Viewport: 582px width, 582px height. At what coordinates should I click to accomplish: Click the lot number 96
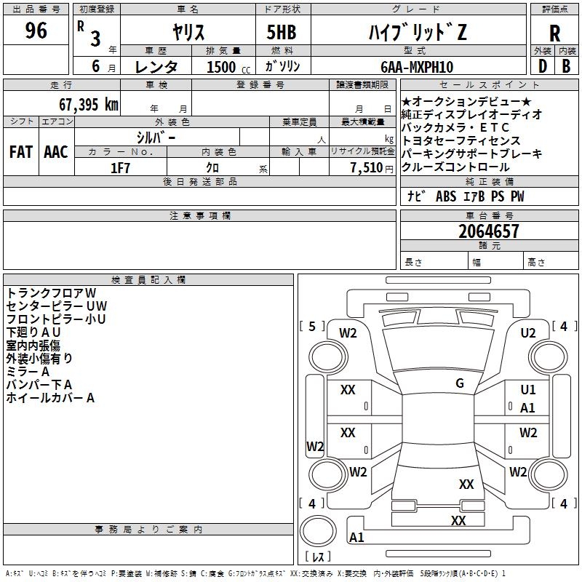(x=36, y=31)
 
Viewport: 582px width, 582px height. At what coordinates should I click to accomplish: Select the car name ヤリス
(x=188, y=32)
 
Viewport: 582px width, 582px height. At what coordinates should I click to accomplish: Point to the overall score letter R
(x=554, y=33)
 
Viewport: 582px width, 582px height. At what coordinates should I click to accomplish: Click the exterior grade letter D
(x=542, y=66)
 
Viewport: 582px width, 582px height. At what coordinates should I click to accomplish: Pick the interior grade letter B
(x=567, y=66)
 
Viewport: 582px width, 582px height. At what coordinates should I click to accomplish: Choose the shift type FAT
(x=20, y=151)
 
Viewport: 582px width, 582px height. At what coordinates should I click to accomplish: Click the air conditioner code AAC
(x=55, y=151)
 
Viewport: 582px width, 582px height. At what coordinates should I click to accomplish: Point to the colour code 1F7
(x=120, y=167)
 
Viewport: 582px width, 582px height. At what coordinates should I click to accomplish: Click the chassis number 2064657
(x=489, y=231)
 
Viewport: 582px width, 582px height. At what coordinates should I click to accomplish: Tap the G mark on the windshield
(x=460, y=383)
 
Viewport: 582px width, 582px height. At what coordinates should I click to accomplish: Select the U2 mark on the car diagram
(x=528, y=333)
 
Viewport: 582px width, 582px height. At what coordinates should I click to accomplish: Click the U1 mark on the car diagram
(x=528, y=390)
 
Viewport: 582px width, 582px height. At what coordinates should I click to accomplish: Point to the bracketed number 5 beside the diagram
(x=312, y=327)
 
